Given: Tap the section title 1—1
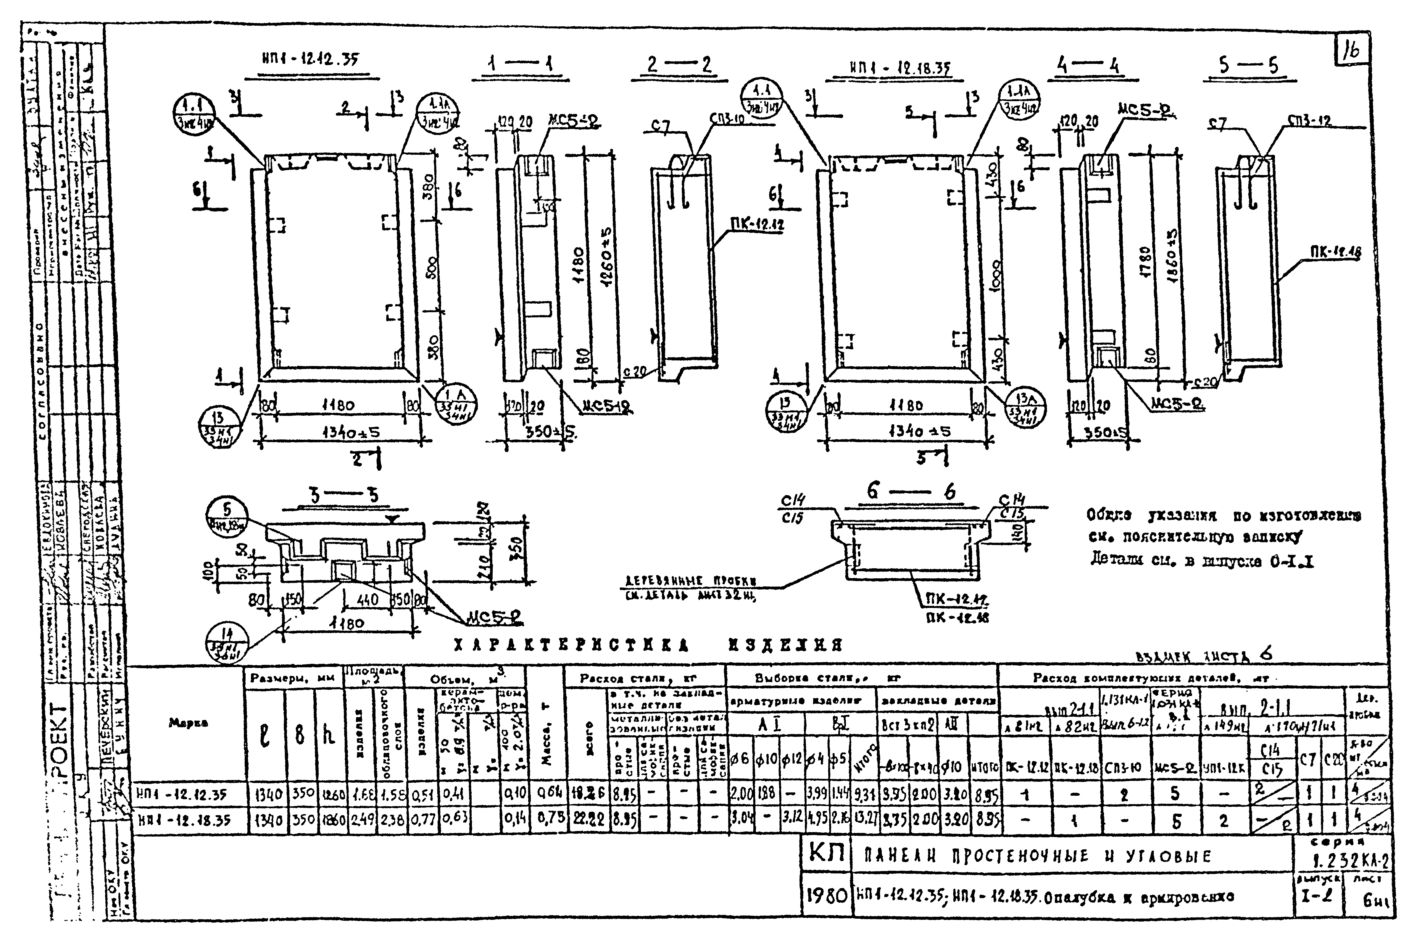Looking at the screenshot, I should point(520,64).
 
